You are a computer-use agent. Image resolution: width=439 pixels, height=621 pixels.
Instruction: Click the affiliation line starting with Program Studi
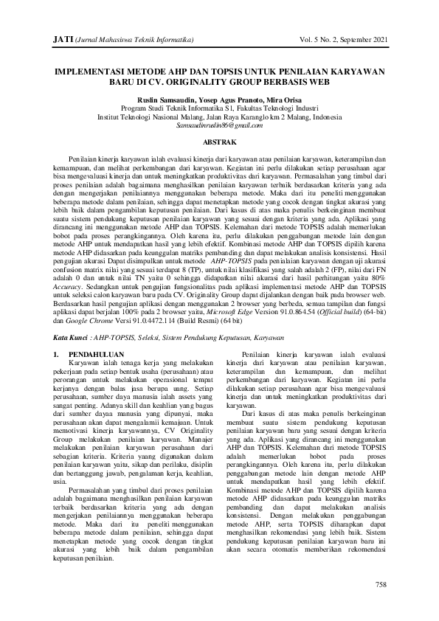coord(219,107)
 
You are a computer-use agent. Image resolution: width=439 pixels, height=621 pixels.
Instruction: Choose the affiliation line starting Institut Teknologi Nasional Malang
coord(219,116)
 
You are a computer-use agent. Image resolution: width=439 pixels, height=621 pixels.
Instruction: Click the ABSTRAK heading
coord(219,140)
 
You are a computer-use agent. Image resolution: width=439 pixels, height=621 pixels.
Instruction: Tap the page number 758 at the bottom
coord(381,585)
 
